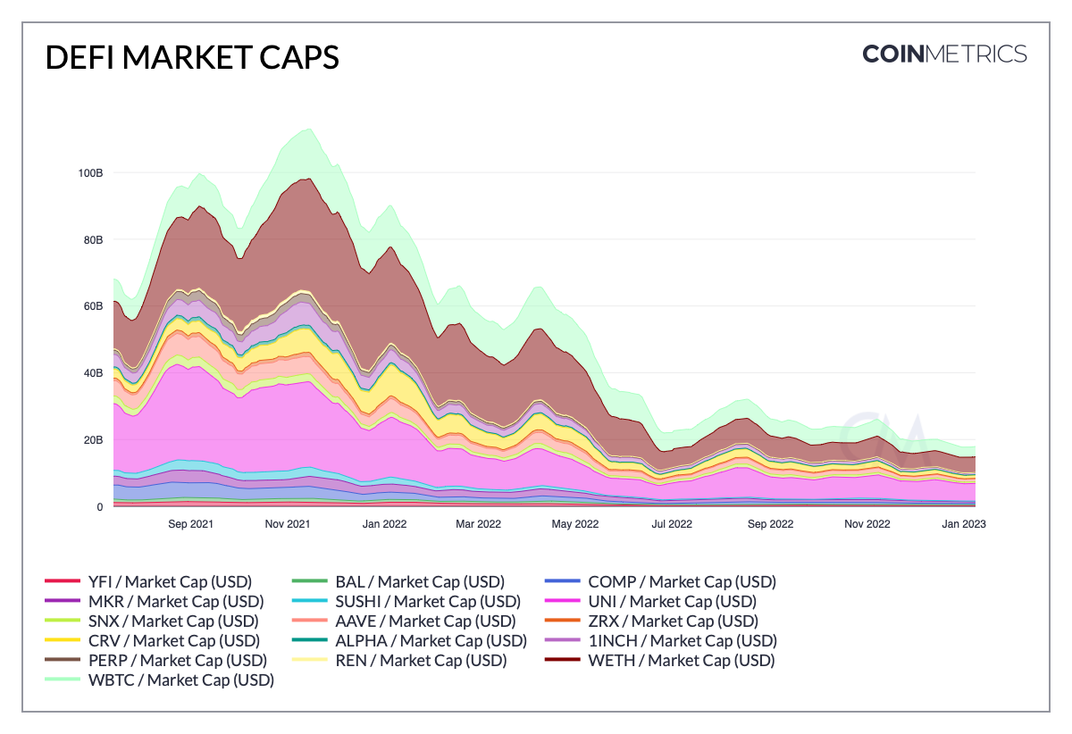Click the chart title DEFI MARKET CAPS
pyautogui.click(x=191, y=57)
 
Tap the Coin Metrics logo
pyautogui.click(x=944, y=54)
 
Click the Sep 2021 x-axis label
pyautogui.click(x=190, y=524)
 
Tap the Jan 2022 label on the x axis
pyautogui.click(x=383, y=524)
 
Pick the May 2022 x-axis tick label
pyautogui.click(x=574, y=524)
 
